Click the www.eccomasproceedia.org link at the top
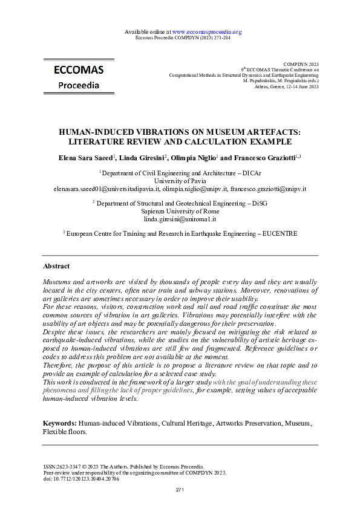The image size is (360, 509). tap(207, 31)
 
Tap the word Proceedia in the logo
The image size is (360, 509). tap(79, 85)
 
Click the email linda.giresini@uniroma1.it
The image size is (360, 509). tap(180, 219)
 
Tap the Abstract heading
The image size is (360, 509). tap(56, 266)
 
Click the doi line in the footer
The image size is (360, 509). tap(81, 479)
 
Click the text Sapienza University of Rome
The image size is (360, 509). tap(180, 212)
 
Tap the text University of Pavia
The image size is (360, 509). tap(180, 181)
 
